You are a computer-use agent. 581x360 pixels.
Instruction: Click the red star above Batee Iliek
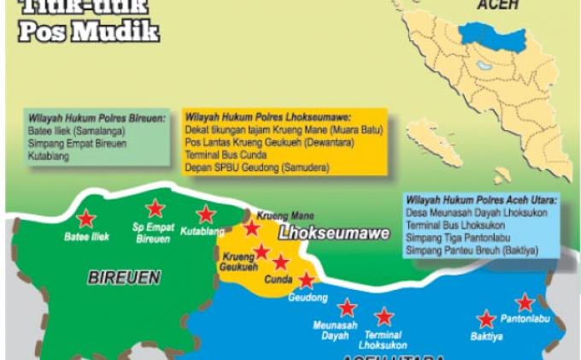click(x=85, y=217)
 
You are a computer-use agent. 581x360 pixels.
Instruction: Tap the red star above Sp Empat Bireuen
click(x=155, y=208)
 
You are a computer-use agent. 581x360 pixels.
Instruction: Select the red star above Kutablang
click(x=206, y=214)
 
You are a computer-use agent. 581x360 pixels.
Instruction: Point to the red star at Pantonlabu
click(x=525, y=302)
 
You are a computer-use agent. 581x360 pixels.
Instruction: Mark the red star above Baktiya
click(x=486, y=319)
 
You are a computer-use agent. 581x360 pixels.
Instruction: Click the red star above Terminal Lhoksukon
click(x=384, y=316)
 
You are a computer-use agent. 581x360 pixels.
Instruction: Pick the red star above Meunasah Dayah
click(x=346, y=307)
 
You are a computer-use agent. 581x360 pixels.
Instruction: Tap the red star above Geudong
click(x=306, y=279)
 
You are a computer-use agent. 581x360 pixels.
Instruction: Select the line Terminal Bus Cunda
click(x=226, y=156)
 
